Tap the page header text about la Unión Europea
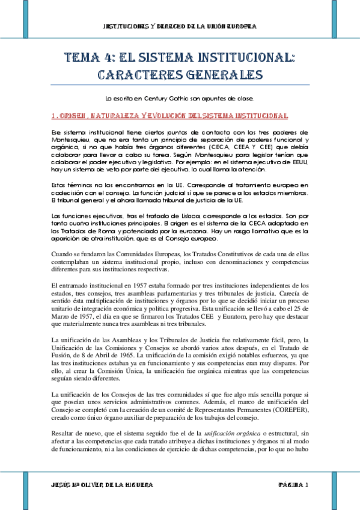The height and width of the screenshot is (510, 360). (x=180, y=27)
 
